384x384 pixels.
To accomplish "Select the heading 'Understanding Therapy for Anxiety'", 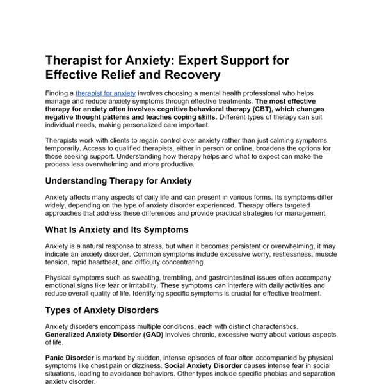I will tap(118, 181).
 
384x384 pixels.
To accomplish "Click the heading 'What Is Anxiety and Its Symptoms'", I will tap(116, 229).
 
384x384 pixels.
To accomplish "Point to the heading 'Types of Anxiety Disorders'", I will tap(102, 310).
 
